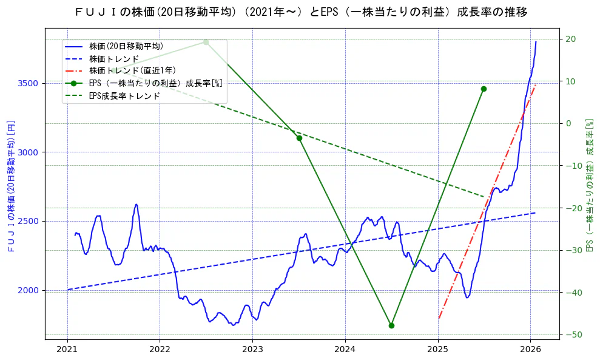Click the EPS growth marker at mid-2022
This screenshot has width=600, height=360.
pos(206,42)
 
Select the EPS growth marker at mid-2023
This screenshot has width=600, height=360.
pos(299,138)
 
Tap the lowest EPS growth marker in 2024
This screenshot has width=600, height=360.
pos(391,325)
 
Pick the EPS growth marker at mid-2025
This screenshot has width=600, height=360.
pos(484,89)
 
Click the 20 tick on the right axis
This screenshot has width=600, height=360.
pos(571,39)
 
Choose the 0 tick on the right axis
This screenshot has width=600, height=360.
pos(568,123)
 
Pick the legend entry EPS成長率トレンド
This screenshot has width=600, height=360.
pos(124,95)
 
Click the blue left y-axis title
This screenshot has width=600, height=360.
pos(10,186)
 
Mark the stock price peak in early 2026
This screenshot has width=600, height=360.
pos(536,42)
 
